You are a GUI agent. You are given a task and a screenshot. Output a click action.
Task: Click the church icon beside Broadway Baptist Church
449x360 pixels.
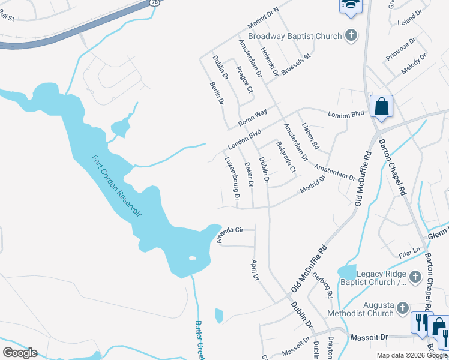tap(352, 35)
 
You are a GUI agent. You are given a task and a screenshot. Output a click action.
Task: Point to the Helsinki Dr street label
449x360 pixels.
tap(270, 62)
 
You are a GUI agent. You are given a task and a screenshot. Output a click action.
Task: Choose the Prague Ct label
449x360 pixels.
tap(245, 80)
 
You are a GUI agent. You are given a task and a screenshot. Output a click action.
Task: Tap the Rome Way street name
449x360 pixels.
tap(252, 116)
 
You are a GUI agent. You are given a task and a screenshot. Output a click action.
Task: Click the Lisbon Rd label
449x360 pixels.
tap(311, 136)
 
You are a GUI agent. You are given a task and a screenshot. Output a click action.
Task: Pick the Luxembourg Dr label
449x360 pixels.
tap(232, 178)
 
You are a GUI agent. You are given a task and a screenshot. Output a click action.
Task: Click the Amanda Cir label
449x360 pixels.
tap(230, 234)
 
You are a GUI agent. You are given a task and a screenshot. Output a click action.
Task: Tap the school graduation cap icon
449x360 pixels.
tap(349, 6)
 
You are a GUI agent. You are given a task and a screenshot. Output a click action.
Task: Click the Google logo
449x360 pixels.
tap(20, 353)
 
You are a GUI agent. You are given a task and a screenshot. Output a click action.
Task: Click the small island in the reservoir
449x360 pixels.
tap(192, 258)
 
